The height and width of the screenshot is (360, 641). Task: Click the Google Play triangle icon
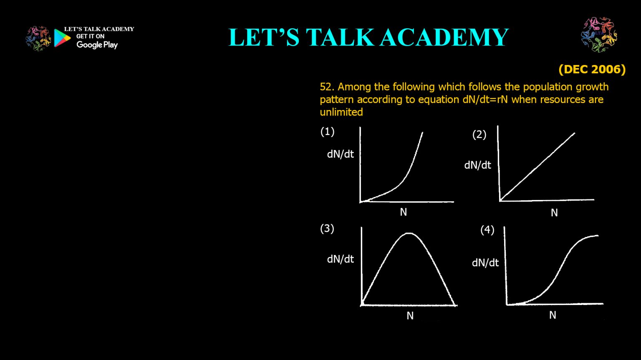[x=62, y=38]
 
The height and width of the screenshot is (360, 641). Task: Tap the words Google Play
[x=97, y=45]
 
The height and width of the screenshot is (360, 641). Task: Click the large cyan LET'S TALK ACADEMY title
[x=368, y=37]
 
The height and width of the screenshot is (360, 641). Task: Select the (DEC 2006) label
[x=592, y=69]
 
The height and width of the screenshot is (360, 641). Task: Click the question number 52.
[x=327, y=87]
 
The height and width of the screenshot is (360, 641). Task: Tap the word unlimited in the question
[x=341, y=112]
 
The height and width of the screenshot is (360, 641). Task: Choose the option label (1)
[x=327, y=132]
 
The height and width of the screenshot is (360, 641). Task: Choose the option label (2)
[x=479, y=135]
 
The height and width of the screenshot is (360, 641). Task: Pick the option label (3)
[x=327, y=228]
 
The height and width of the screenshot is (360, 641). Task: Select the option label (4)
[x=487, y=230]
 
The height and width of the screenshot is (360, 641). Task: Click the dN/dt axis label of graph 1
[x=340, y=154]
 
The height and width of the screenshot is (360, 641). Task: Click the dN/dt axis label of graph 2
[x=477, y=165]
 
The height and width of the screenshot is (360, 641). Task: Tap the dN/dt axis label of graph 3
[x=340, y=259]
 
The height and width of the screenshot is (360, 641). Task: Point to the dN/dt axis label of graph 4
[x=485, y=262]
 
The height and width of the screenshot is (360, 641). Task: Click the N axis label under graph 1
[x=403, y=212]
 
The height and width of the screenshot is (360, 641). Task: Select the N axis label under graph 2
[x=554, y=213]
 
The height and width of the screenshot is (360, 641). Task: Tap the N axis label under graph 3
[x=410, y=316]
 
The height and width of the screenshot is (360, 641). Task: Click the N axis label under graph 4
[x=552, y=315]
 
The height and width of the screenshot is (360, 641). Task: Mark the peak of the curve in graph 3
[x=409, y=233]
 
